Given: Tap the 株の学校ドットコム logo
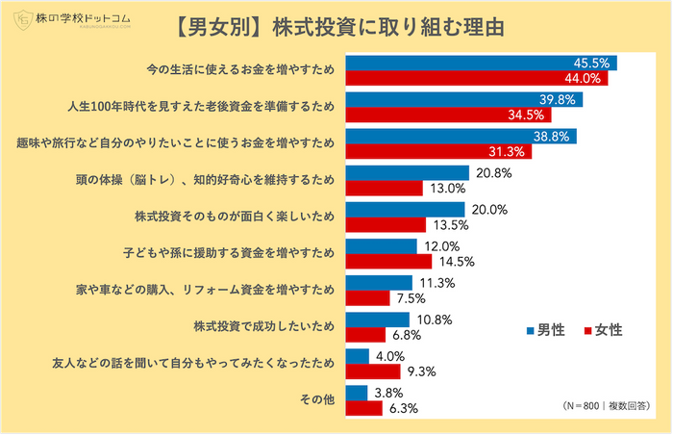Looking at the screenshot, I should (x=67, y=20).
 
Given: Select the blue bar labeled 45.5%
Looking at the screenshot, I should (x=481, y=64).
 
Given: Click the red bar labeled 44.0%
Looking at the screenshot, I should (x=476, y=78).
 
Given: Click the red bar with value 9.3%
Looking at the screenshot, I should (x=372, y=371).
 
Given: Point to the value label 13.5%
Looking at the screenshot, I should (x=450, y=225).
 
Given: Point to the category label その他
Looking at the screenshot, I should (x=317, y=399).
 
